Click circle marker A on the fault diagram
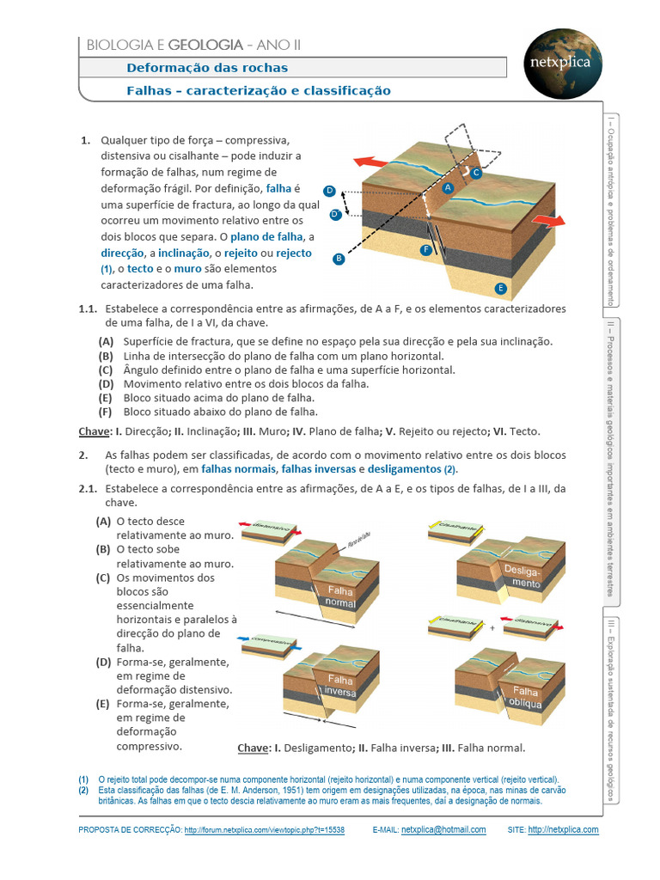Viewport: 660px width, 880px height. coord(448,186)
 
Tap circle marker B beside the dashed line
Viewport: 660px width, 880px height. coord(339,258)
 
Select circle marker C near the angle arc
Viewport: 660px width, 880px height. coord(476,173)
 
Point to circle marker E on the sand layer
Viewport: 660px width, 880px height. coord(501,288)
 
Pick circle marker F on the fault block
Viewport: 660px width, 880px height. coord(425,249)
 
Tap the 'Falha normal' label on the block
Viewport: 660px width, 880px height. coord(341,596)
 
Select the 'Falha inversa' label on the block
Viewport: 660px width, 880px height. coord(341,684)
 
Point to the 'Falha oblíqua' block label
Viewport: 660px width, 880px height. coord(526,697)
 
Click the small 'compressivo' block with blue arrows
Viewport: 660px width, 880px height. coord(270,645)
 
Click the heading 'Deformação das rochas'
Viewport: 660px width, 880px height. coord(207,68)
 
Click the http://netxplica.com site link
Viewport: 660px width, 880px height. coord(563,830)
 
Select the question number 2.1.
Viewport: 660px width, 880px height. coord(90,488)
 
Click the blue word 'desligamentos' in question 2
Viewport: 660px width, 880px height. coord(405,469)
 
